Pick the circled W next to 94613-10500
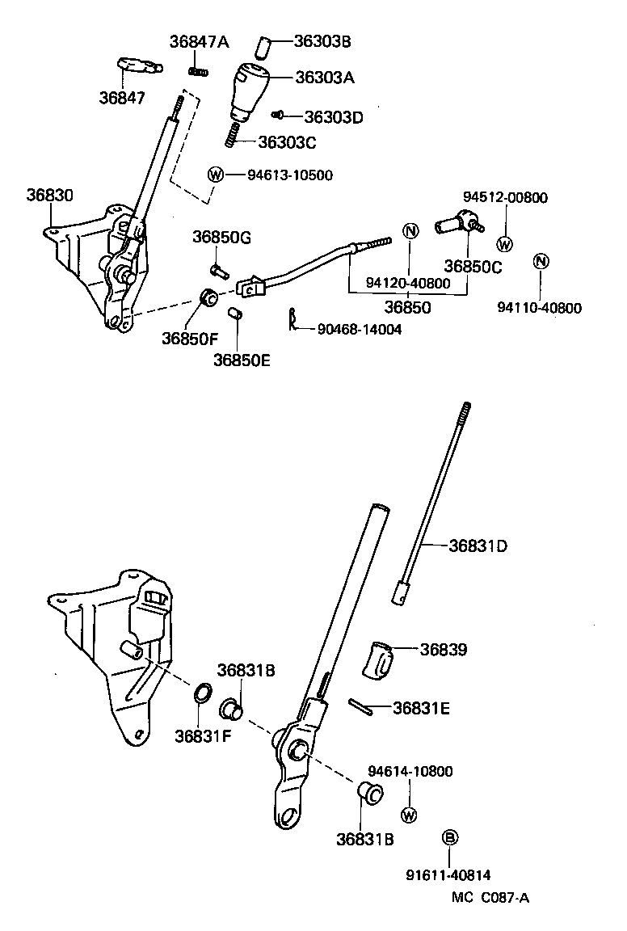click(x=216, y=175)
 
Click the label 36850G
click(x=221, y=237)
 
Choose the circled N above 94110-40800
click(x=541, y=261)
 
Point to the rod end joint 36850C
click(x=457, y=224)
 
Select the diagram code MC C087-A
click(x=490, y=896)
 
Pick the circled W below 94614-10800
click(x=409, y=814)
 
